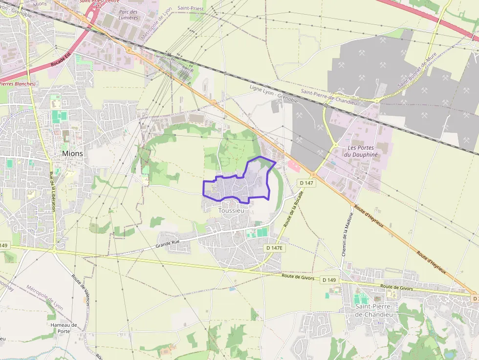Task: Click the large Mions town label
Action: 72,153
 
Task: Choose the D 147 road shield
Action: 306,183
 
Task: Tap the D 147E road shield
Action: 274,248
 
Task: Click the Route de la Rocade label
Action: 293,209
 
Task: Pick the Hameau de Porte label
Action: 64,328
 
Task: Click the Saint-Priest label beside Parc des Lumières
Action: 190,8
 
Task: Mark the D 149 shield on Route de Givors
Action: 328,280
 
